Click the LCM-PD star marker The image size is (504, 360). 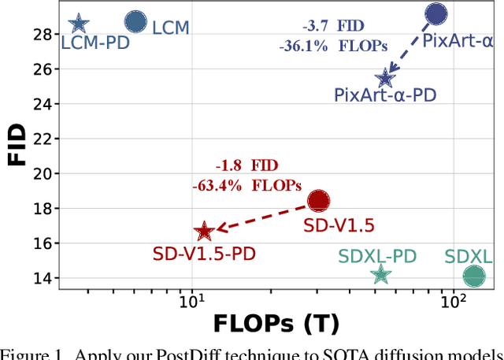click(x=78, y=24)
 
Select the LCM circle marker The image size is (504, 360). click(x=135, y=22)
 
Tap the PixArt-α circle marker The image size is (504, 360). click(x=436, y=13)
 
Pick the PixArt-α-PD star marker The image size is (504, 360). click(x=385, y=77)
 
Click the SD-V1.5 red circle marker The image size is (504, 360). click(x=318, y=201)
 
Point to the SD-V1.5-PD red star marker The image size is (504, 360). click(x=204, y=231)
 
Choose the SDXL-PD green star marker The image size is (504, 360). click(x=381, y=274)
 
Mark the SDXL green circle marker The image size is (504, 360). click(x=474, y=276)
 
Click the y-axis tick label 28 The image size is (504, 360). click(x=43, y=34)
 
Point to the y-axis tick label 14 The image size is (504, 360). click(x=43, y=278)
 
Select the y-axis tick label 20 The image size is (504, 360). click(x=43, y=173)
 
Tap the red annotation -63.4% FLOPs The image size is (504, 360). click(x=246, y=186)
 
